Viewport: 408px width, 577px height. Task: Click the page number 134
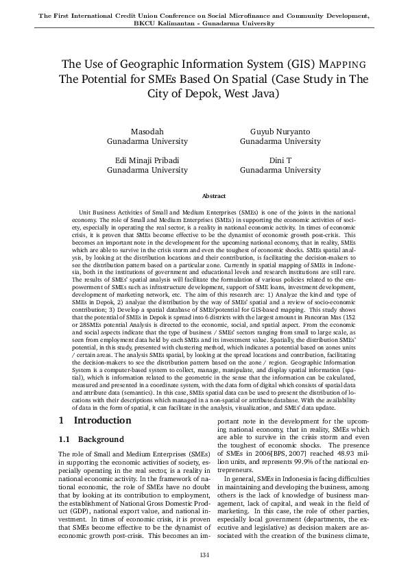[x=204, y=554]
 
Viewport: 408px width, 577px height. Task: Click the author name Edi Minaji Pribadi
[x=147, y=160]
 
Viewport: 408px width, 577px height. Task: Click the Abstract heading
[x=204, y=196]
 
